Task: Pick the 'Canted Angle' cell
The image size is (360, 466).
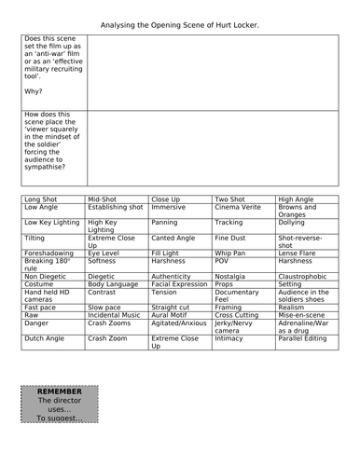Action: [x=175, y=238]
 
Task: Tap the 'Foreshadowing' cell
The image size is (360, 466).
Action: [x=50, y=252]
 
